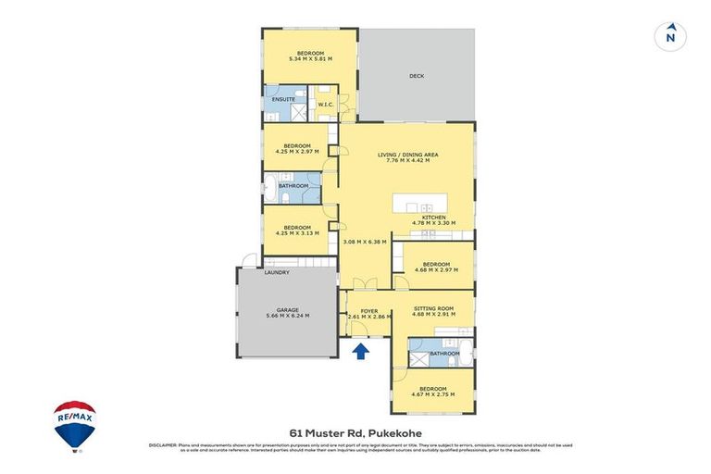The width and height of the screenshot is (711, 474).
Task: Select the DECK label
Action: point(417,76)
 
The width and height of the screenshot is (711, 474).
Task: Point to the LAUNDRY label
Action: point(277,272)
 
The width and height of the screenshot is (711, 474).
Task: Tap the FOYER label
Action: point(368,309)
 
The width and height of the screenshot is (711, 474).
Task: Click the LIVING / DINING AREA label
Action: point(406,154)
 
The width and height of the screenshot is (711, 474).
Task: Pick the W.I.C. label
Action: point(325,105)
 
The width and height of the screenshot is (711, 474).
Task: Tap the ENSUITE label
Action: point(283,99)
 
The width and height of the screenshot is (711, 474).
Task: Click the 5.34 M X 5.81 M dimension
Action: point(310,59)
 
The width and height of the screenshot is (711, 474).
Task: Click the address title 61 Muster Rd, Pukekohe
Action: point(355,431)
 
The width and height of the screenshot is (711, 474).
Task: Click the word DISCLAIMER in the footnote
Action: point(162,445)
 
